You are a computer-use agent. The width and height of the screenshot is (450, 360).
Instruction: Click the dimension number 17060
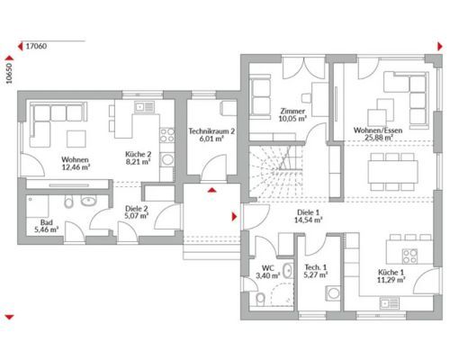click(x=36, y=46)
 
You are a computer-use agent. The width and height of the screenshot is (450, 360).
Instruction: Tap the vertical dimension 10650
click(x=9, y=73)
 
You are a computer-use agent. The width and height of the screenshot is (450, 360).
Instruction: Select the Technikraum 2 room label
click(x=211, y=135)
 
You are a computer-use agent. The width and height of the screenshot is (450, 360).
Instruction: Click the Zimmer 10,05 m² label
click(x=292, y=115)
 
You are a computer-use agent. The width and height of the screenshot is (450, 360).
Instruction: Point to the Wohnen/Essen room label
click(x=378, y=134)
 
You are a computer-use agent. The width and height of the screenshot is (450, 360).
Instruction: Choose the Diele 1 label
click(x=308, y=216)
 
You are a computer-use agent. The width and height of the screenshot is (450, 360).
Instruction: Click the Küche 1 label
click(x=391, y=276)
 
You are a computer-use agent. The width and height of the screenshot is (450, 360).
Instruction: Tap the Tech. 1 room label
click(x=316, y=271)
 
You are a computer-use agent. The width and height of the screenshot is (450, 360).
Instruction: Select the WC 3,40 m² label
click(x=267, y=272)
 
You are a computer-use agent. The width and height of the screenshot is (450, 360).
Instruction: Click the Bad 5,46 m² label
click(x=47, y=226)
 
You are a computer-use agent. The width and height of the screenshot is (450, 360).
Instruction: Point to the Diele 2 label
click(x=137, y=211)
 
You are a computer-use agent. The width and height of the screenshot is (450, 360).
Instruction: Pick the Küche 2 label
click(x=138, y=158)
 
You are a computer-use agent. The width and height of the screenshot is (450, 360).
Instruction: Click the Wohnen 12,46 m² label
click(x=75, y=164)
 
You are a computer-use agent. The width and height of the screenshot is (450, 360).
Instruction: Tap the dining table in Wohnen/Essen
click(x=393, y=172)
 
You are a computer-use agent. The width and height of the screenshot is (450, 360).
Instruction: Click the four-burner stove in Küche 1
click(x=409, y=256)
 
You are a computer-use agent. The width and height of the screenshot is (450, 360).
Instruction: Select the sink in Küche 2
click(x=144, y=106)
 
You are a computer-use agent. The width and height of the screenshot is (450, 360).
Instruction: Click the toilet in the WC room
click(x=260, y=299)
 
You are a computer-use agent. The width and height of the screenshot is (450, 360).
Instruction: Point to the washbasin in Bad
click(x=88, y=201)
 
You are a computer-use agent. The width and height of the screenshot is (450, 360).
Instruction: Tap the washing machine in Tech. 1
click(x=333, y=293)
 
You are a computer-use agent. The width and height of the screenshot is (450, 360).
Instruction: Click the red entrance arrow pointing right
click(x=234, y=217)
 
